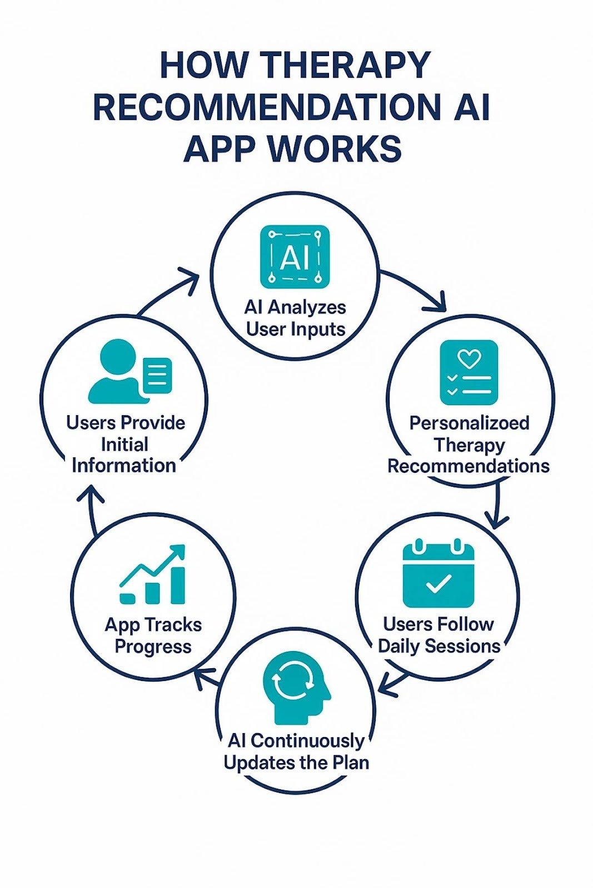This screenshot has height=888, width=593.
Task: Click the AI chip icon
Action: [x=295, y=257]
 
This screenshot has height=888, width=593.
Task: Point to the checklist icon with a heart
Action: [x=469, y=372]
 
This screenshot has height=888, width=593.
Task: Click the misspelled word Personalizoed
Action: [x=469, y=423]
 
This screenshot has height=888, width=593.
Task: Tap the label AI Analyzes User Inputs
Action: [x=295, y=318]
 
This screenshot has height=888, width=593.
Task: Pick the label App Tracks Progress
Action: [x=153, y=635]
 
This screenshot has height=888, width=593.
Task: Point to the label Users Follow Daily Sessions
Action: [x=438, y=635]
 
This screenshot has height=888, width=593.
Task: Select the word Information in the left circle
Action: [x=124, y=465]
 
